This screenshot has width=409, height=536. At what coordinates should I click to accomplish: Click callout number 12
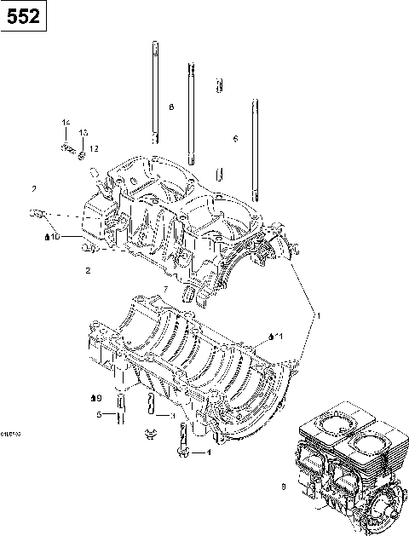(x=94, y=148)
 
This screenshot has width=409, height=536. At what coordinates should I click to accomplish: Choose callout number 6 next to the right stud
(x=235, y=138)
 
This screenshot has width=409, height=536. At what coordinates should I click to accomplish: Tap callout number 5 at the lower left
(x=99, y=415)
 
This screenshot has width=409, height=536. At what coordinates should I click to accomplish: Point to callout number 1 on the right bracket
(x=319, y=317)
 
